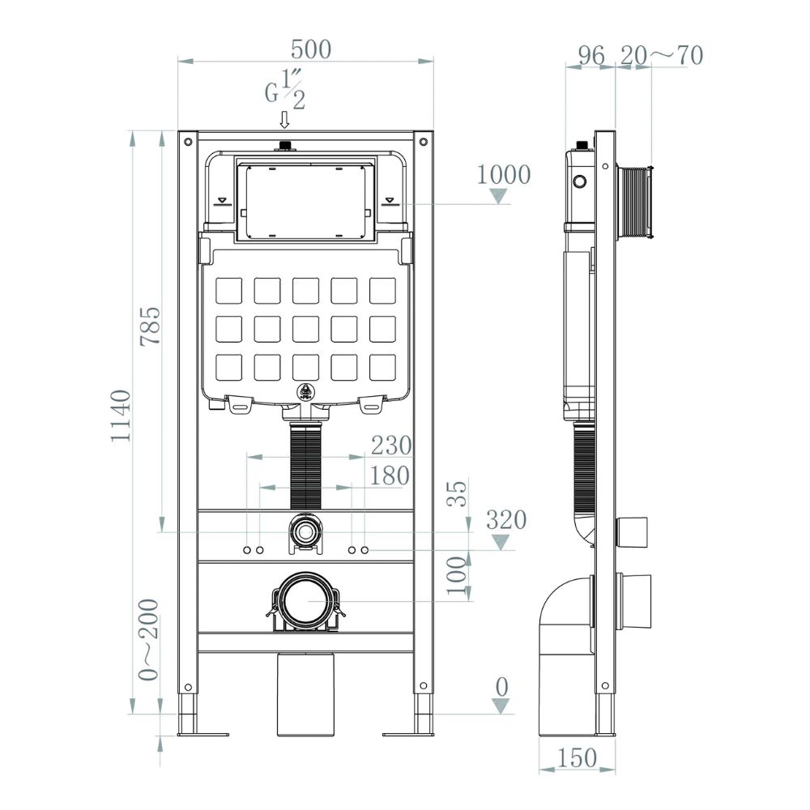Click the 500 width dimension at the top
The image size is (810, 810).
(310, 49)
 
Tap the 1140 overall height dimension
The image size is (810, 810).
(121, 416)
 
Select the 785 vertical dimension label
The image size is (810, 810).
(151, 326)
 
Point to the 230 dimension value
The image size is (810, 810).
(391, 446)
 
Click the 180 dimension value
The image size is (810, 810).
(390, 475)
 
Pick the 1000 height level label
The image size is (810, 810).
(503, 175)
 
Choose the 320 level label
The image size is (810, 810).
(506, 520)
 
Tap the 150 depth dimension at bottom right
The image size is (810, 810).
(577, 758)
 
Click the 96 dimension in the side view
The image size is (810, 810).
(591, 55)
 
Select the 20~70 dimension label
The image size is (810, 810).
(662, 55)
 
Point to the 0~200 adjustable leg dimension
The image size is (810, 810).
(148, 640)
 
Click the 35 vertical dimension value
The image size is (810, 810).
(457, 493)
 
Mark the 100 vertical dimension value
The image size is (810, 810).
(456, 575)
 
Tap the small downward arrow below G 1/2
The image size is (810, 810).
(284, 120)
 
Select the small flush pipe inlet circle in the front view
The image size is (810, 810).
(306, 531)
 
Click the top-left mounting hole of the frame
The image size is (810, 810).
(188, 141)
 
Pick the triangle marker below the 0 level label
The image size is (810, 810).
(500, 706)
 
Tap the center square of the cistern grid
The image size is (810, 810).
(306, 329)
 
